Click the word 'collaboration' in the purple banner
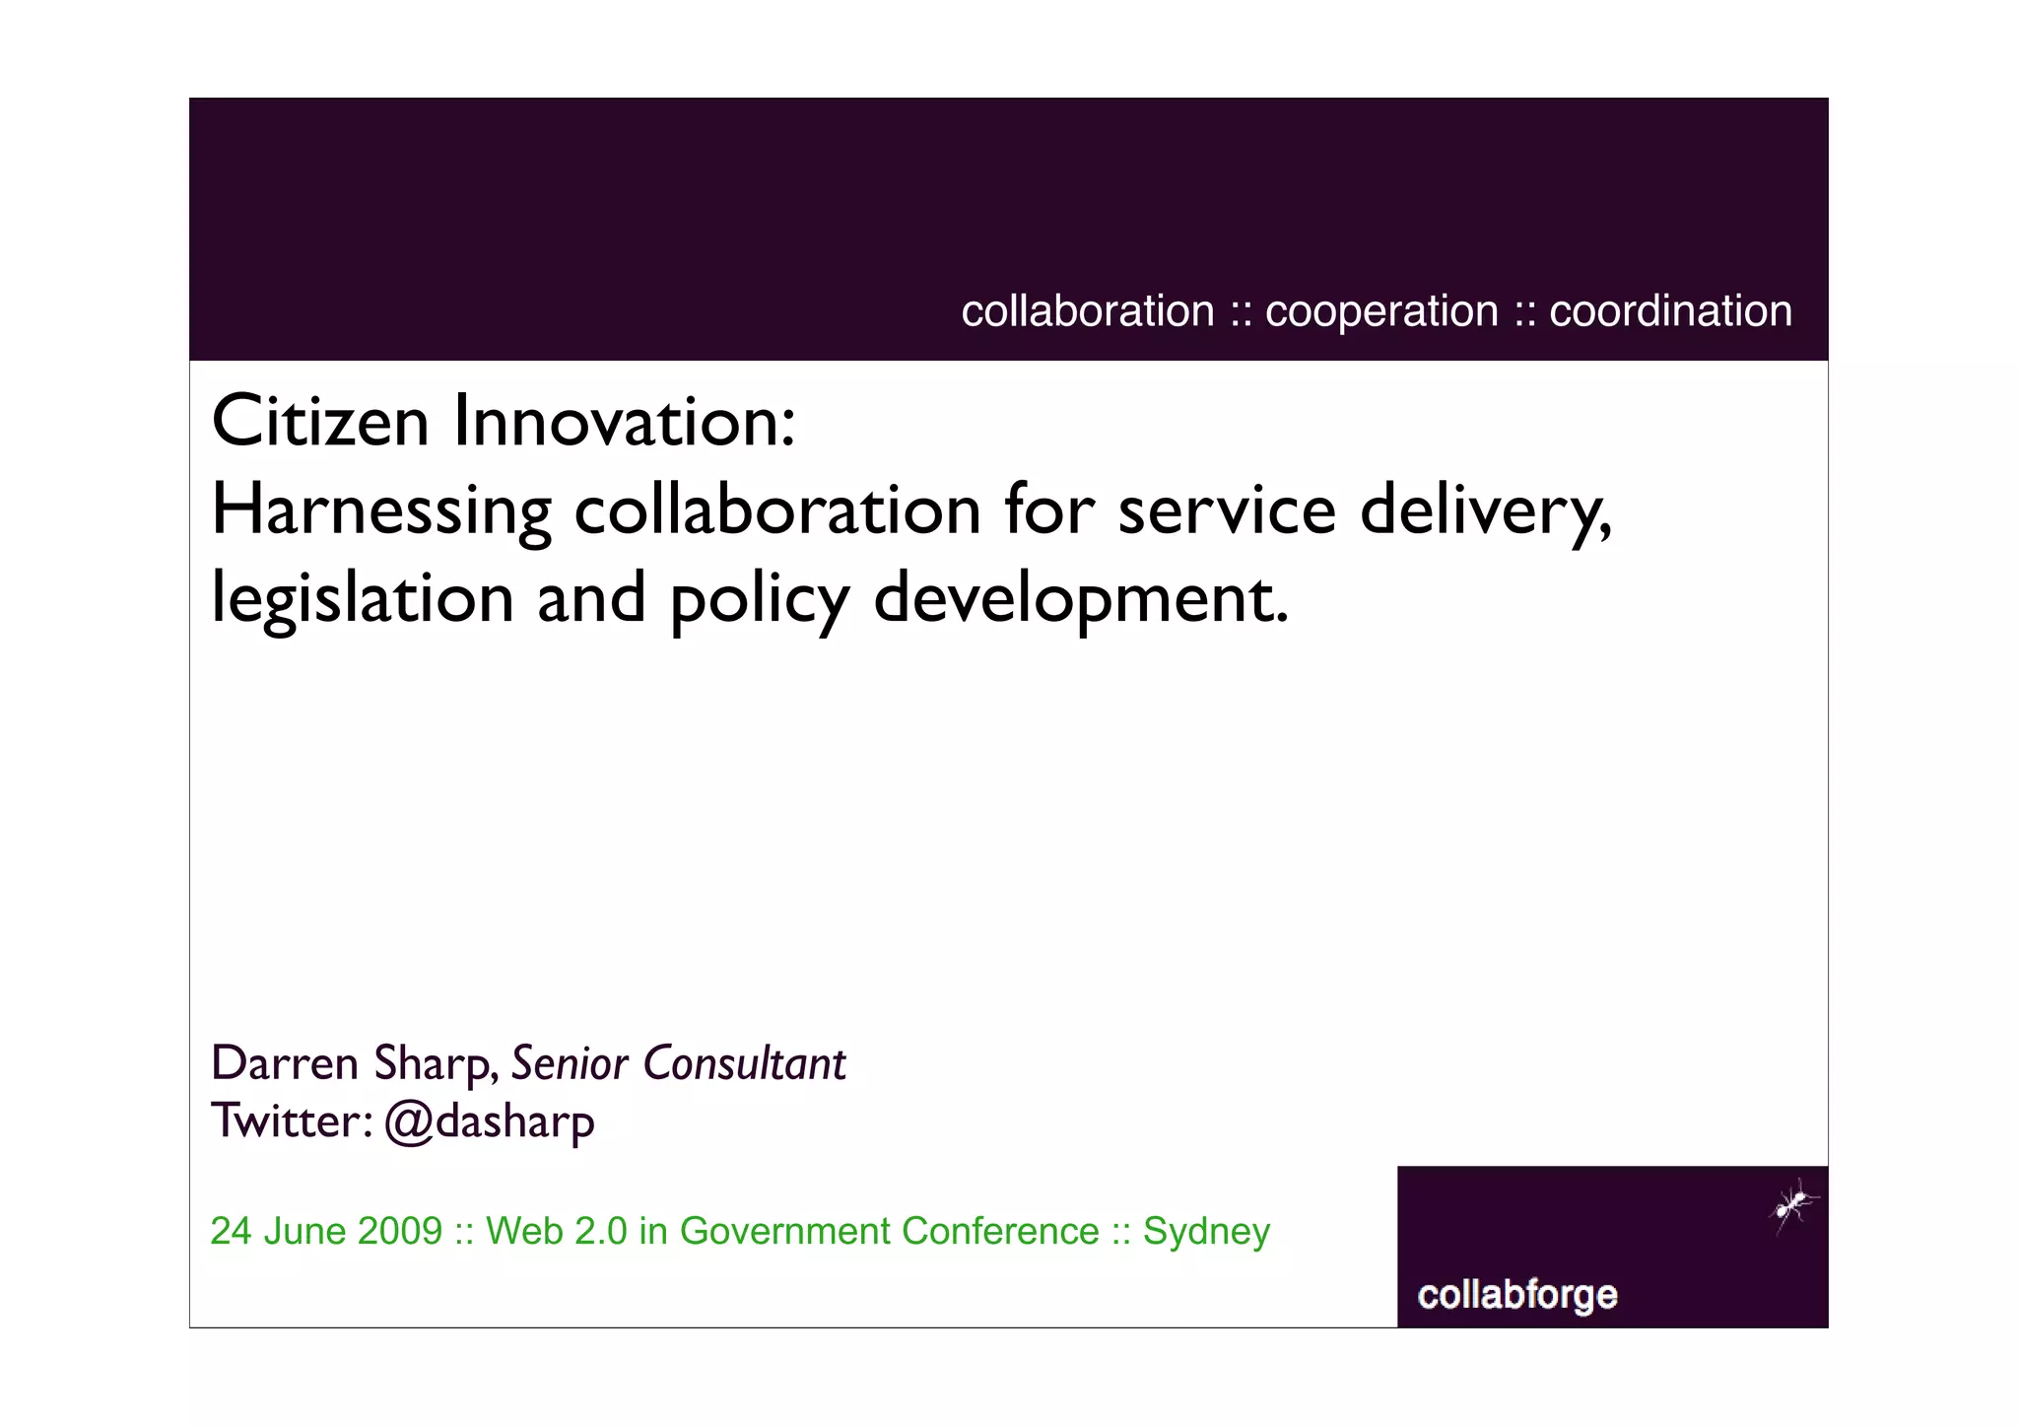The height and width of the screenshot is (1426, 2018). point(1088,311)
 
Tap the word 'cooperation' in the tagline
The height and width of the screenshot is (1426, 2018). point(1381,311)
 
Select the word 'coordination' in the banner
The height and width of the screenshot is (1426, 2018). point(1670,311)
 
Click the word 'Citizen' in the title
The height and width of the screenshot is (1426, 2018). point(320,422)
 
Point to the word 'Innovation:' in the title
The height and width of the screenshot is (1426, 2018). point(624,422)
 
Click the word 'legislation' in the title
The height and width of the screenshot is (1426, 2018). point(363,598)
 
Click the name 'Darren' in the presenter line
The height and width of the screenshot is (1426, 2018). point(285,1063)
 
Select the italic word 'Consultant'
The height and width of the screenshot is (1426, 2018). point(744,1063)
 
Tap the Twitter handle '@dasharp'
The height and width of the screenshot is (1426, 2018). point(490,1122)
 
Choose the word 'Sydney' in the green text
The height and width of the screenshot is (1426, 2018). point(1206,1232)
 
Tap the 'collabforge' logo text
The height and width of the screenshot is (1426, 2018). point(1517,1294)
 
